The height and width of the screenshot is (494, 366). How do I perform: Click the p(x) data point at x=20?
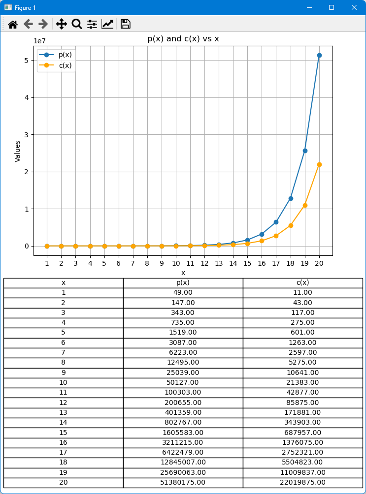click(x=319, y=55)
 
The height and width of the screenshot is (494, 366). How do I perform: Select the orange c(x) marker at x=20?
click(x=319, y=164)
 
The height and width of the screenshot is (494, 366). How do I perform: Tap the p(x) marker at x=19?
click(x=305, y=151)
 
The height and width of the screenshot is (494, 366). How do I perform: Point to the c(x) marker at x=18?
click(x=291, y=225)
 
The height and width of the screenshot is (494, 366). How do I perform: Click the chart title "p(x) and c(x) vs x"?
click(x=183, y=38)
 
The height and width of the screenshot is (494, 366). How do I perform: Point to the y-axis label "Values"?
click(x=18, y=151)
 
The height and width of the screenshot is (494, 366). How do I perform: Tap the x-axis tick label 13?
click(x=219, y=264)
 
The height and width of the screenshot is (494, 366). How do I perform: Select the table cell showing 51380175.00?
click(x=183, y=482)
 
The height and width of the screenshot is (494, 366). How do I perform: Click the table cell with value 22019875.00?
click(x=302, y=482)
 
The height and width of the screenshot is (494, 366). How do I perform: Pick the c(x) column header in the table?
click(x=302, y=282)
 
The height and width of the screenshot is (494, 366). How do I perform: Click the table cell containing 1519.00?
click(x=183, y=333)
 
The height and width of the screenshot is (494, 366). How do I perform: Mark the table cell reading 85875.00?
click(x=302, y=402)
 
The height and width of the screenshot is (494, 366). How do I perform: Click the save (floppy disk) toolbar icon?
click(x=125, y=24)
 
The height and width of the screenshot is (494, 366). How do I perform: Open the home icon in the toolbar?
click(x=13, y=24)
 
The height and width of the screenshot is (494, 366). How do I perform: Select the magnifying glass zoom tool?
click(x=77, y=24)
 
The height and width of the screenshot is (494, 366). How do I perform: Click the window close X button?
click(x=354, y=7)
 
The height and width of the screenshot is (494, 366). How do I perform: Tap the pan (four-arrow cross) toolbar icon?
click(x=62, y=24)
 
